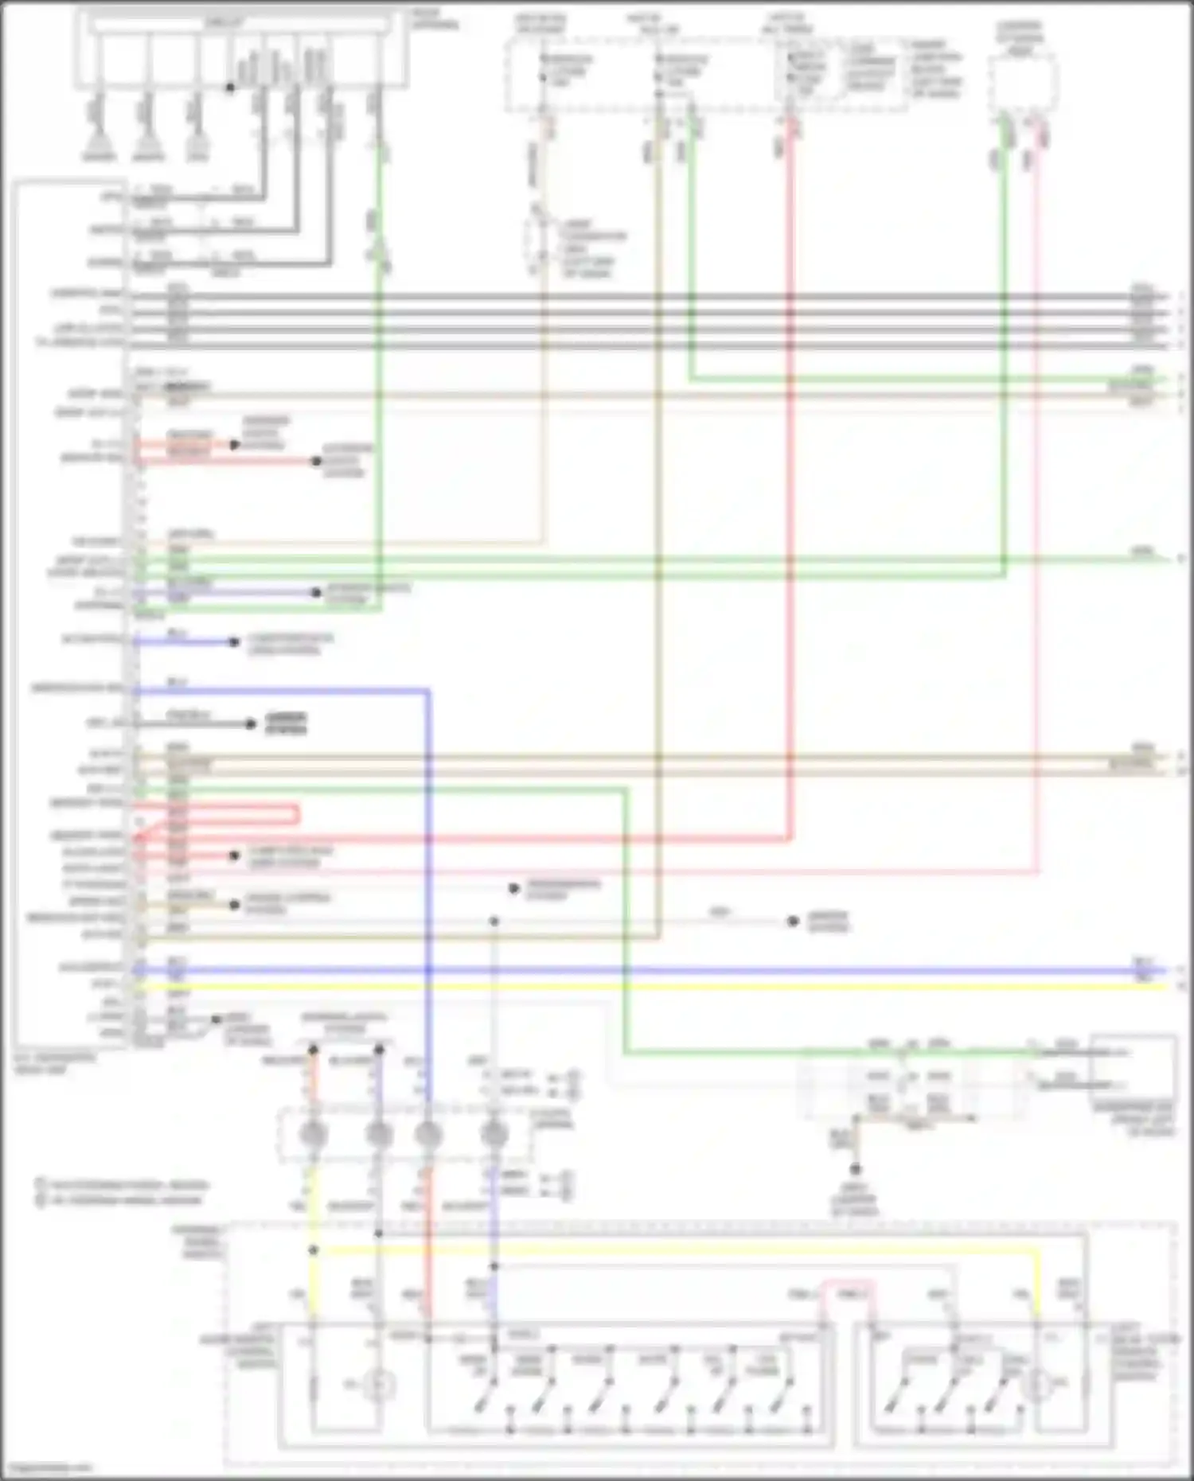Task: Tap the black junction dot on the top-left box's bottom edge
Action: pos(230,87)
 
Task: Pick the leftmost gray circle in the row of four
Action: pos(313,1134)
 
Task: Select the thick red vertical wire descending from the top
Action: pos(790,477)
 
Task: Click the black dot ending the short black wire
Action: pos(251,723)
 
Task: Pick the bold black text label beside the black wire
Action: pos(287,723)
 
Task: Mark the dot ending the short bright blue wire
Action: pos(234,641)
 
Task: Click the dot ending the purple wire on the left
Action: pos(316,592)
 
